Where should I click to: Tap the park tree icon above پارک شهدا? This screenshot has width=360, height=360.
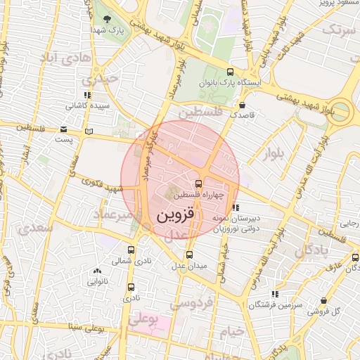coord(107,19)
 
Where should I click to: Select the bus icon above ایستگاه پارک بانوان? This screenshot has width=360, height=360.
coord(231,72)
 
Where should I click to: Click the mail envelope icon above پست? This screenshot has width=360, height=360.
coord(64,129)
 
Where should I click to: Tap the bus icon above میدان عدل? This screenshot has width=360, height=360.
coord(188,254)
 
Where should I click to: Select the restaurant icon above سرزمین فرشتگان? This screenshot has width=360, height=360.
coord(274,294)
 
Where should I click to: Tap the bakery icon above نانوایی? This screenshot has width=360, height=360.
coord(96,271)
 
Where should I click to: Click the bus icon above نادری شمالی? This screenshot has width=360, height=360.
coord(131,249)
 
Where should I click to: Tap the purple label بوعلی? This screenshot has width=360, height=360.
coord(143,320)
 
